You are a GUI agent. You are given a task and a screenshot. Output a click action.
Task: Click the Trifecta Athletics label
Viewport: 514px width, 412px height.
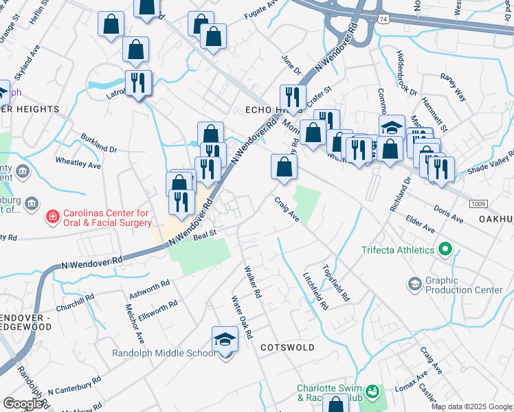[398, 250]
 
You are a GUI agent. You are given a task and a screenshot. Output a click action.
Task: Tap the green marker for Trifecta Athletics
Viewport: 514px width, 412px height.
[445, 249]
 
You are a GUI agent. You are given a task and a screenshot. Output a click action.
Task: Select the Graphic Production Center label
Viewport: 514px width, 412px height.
[465, 285]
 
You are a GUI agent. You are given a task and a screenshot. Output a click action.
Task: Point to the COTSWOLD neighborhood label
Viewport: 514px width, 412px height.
[287, 348]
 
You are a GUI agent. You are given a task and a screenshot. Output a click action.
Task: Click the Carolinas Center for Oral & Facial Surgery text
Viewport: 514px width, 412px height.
[107, 218]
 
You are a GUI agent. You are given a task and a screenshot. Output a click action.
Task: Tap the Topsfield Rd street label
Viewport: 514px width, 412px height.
[336, 283]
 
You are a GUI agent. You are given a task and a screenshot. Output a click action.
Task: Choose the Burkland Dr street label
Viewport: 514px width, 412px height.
[99, 141]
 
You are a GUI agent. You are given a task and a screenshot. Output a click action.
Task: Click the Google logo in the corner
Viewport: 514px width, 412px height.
[23, 404]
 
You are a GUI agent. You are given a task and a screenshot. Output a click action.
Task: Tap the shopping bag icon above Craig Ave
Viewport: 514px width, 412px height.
[284, 167]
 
